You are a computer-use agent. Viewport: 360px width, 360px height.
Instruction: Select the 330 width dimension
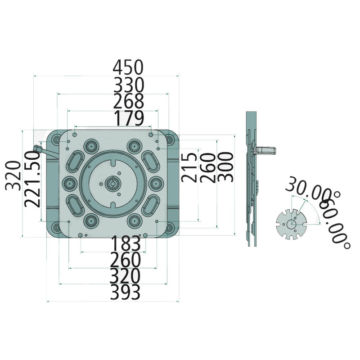click(x=128, y=85)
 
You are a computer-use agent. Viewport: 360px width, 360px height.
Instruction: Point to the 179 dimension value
click(x=129, y=118)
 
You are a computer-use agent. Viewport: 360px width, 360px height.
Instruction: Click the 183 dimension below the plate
click(x=126, y=244)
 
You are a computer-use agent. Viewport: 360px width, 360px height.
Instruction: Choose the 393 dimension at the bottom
click(x=126, y=293)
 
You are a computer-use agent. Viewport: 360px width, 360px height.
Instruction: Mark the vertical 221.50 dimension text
click(x=32, y=179)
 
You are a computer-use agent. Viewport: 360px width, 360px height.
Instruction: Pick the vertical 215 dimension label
click(x=189, y=167)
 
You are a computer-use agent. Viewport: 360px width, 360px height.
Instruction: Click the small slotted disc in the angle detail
click(x=291, y=224)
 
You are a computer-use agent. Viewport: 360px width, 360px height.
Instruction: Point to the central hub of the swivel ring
click(x=112, y=183)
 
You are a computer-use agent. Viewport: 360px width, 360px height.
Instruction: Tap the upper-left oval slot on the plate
click(x=75, y=161)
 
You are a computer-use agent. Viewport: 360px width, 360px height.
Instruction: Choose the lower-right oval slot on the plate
click(x=150, y=205)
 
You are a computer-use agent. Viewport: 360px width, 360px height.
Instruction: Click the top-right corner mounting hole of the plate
click(x=169, y=139)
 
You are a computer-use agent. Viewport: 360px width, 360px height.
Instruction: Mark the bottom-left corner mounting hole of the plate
click(x=56, y=229)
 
